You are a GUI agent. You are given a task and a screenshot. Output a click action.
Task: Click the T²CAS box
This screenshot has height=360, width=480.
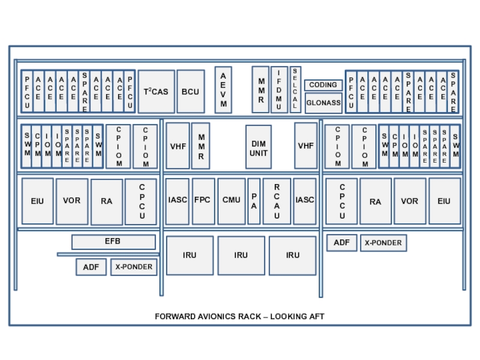(157, 92)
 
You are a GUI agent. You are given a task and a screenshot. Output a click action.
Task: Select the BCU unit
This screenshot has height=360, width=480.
(191, 92)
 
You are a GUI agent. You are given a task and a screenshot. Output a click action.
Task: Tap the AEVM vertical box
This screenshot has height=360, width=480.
(223, 90)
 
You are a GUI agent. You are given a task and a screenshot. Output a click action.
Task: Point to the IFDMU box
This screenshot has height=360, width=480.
(279, 89)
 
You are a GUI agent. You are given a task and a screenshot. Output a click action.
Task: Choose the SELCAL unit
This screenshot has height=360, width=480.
(295, 89)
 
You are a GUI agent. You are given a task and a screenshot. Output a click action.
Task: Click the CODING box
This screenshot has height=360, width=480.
(323, 85)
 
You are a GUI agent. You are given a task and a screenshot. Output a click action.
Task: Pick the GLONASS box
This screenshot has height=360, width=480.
(323, 103)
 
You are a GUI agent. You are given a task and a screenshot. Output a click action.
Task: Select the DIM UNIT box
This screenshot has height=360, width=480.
(259, 147)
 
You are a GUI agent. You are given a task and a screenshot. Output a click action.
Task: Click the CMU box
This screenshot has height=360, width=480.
(232, 201)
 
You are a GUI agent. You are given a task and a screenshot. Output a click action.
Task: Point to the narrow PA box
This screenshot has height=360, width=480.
(254, 201)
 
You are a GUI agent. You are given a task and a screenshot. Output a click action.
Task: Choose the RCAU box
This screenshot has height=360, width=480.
(277, 201)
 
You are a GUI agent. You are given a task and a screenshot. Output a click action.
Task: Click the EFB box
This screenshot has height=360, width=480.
(113, 242)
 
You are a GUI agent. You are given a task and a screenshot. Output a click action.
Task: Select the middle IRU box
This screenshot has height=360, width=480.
(241, 256)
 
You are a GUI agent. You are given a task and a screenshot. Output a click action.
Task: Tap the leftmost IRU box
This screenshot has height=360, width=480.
(190, 256)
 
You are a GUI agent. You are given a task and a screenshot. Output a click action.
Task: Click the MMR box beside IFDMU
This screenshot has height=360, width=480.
(260, 89)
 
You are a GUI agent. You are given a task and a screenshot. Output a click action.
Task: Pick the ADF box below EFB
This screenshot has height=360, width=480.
(91, 267)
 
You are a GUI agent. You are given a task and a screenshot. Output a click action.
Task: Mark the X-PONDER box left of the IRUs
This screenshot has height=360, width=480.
(134, 267)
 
